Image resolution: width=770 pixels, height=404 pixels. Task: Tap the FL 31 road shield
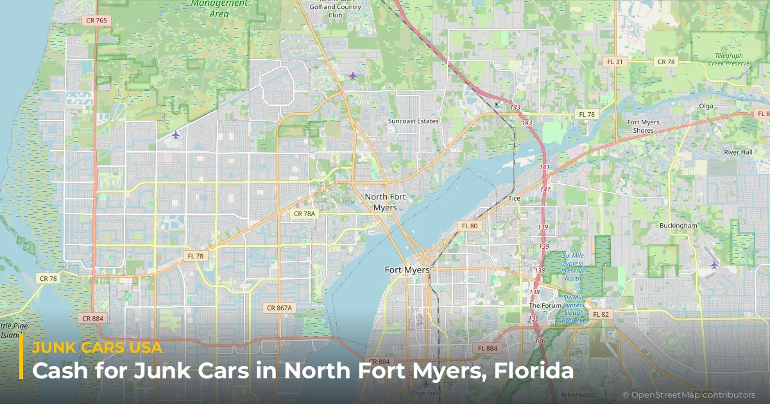pyautogui.click(x=614, y=62)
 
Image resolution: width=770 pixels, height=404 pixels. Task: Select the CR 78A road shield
pyautogui.click(x=304, y=214)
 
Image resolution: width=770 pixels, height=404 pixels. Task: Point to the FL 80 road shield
pyautogui.click(x=470, y=226)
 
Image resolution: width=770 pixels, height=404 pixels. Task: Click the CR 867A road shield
pyautogui.click(x=279, y=308)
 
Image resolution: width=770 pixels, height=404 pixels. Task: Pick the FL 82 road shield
pyautogui.click(x=601, y=314)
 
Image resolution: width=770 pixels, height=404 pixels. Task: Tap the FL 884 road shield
pyautogui.click(x=487, y=348)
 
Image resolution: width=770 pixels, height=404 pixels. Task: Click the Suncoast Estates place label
pyautogui.click(x=413, y=121)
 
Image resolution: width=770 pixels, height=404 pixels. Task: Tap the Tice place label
pyautogui.click(x=514, y=198)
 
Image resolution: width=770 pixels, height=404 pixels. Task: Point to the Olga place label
pyautogui.click(x=706, y=106)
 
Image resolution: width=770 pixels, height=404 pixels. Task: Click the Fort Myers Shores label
pyautogui.click(x=643, y=126)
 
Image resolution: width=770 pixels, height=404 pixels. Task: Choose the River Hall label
pyautogui.click(x=738, y=152)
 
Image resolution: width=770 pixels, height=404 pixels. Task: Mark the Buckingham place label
pyautogui.click(x=678, y=226)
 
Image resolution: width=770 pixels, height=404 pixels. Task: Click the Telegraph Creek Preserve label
pyautogui.click(x=733, y=60)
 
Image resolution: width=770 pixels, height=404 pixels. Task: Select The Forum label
pyautogui.click(x=545, y=306)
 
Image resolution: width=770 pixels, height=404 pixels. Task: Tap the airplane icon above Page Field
pyautogui.click(x=425, y=384)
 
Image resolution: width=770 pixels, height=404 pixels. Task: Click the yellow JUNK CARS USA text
pyautogui.click(x=97, y=348)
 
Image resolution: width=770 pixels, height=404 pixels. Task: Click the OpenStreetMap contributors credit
pyautogui.click(x=689, y=394)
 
